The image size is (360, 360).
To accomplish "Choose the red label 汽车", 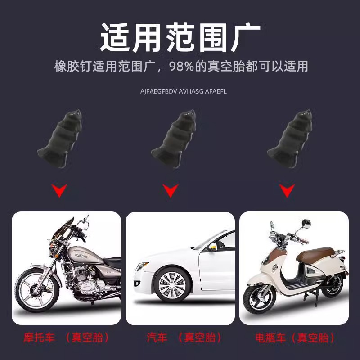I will coord(156,337).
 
